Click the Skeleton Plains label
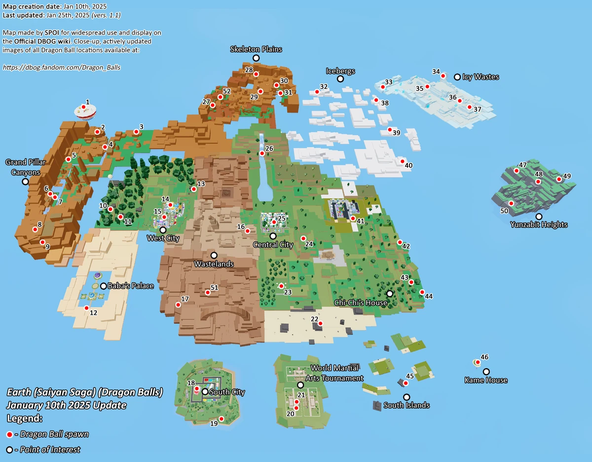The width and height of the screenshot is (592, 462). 256,49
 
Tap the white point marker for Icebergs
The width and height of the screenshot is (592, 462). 340,79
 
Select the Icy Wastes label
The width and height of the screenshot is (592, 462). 481,77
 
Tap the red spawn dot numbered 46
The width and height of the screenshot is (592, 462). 478,362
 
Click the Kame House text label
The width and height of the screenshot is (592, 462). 486,380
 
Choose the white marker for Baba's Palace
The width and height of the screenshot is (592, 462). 103,286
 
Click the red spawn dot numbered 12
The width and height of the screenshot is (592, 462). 87,308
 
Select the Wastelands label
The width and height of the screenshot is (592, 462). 214,264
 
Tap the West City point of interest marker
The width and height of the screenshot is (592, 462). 163,230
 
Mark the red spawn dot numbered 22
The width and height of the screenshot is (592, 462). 320,324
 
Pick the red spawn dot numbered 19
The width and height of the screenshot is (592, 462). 221,419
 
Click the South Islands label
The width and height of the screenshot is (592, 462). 407,405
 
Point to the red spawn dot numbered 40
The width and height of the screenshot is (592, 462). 403,161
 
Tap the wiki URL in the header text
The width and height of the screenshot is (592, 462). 62,67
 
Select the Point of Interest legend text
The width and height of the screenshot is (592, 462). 50,450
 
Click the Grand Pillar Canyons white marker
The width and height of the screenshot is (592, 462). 25,182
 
